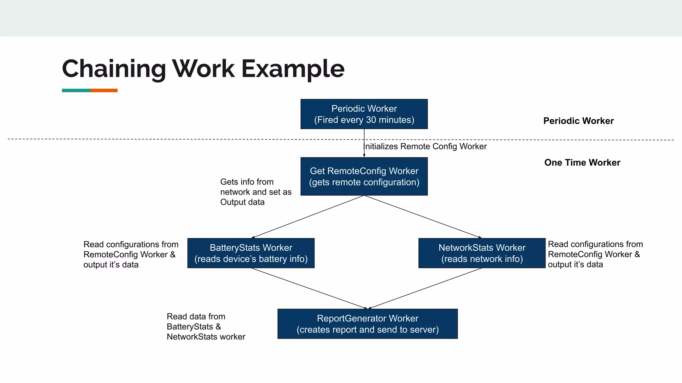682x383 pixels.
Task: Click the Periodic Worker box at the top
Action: (x=364, y=114)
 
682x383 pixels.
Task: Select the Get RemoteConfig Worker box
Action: (x=364, y=176)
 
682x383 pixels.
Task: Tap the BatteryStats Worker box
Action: (x=251, y=253)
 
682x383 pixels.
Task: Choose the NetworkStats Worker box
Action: (x=482, y=253)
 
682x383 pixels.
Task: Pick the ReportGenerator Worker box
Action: (x=367, y=324)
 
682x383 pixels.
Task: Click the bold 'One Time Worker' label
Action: (x=582, y=163)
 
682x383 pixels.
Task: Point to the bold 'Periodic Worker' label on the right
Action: (x=578, y=121)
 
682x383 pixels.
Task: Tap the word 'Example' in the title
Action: (x=293, y=69)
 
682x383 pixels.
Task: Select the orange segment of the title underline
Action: (x=104, y=90)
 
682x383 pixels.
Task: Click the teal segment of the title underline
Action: (x=76, y=90)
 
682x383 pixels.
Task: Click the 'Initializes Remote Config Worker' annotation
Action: (x=426, y=147)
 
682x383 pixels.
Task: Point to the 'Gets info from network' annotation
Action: (x=255, y=192)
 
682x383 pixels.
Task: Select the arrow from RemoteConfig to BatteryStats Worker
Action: (x=308, y=217)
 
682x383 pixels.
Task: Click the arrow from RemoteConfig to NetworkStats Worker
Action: (x=423, y=217)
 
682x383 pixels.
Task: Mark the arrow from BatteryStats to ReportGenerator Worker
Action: (x=309, y=288)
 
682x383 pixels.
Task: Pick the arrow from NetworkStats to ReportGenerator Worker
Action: (x=425, y=288)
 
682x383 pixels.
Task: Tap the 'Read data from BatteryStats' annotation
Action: (x=205, y=326)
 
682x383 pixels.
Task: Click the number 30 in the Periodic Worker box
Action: (x=371, y=120)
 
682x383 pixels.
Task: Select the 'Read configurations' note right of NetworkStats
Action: (x=595, y=254)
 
